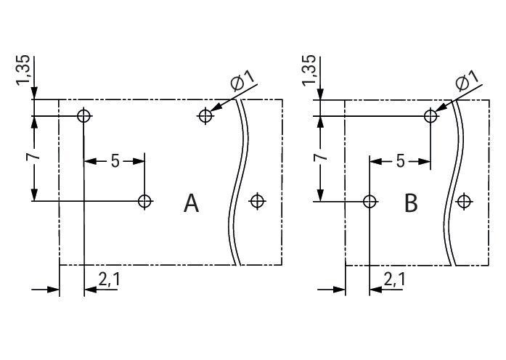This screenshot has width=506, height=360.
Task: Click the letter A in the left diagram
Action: coord(191,203)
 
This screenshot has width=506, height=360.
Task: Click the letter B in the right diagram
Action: coord(411,203)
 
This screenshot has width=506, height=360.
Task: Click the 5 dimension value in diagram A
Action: coord(115,161)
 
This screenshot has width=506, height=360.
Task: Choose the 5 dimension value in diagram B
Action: coord(400,161)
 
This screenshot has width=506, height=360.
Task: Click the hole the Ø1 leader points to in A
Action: coord(206,115)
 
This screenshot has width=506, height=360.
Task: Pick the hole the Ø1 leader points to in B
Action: coord(431,115)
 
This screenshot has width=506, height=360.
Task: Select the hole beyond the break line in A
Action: coord(256,201)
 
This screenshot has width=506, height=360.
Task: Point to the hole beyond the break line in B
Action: coord(464,201)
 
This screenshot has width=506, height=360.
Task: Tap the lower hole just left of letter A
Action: coord(145,201)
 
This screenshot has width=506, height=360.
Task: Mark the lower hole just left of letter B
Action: coord(370,201)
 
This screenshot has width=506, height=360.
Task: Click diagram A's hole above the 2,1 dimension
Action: coord(84,115)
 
